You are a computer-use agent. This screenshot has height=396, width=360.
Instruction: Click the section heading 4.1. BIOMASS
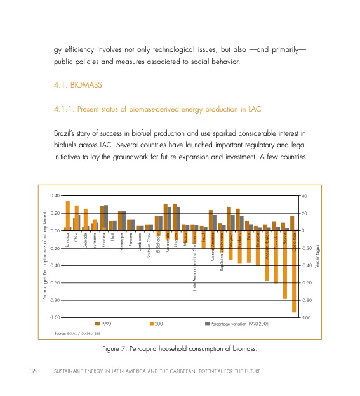79,84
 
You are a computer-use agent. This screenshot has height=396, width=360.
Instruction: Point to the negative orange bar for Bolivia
285,264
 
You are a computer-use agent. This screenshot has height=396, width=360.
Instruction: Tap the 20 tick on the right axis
304,213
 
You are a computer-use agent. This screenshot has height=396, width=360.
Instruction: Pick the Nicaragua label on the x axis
121,245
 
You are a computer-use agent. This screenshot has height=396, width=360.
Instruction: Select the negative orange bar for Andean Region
267,255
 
